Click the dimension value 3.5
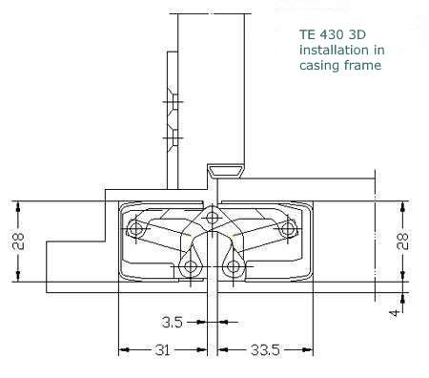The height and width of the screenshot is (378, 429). pyautogui.click(x=173, y=322)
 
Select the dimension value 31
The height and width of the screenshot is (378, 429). pyautogui.click(x=163, y=350)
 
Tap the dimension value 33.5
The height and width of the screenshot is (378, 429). pyautogui.click(x=265, y=350)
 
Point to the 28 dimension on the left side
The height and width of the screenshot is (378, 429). pyautogui.click(x=18, y=241)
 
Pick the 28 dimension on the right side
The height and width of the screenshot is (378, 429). pyautogui.click(x=402, y=241)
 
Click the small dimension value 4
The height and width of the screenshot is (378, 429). pyautogui.click(x=394, y=313)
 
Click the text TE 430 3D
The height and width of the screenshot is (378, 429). pyautogui.click(x=333, y=34)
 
